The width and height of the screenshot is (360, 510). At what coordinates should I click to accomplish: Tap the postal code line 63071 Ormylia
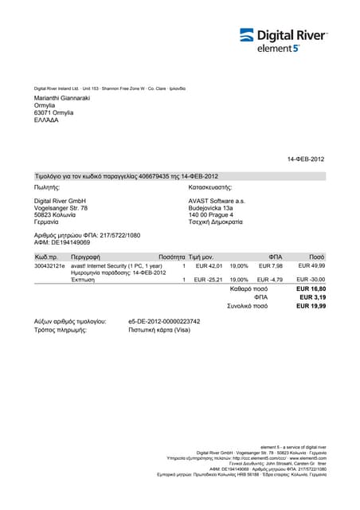(54, 112)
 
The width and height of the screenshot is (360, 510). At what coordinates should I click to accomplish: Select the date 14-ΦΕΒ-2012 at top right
(306, 159)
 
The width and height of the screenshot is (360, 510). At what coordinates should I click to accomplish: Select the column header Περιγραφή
(84, 257)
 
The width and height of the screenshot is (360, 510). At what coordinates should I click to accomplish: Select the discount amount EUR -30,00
(311, 280)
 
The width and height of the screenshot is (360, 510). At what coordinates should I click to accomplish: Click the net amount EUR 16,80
(311, 289)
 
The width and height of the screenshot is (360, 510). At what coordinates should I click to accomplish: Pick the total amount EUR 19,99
(311, 305)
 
